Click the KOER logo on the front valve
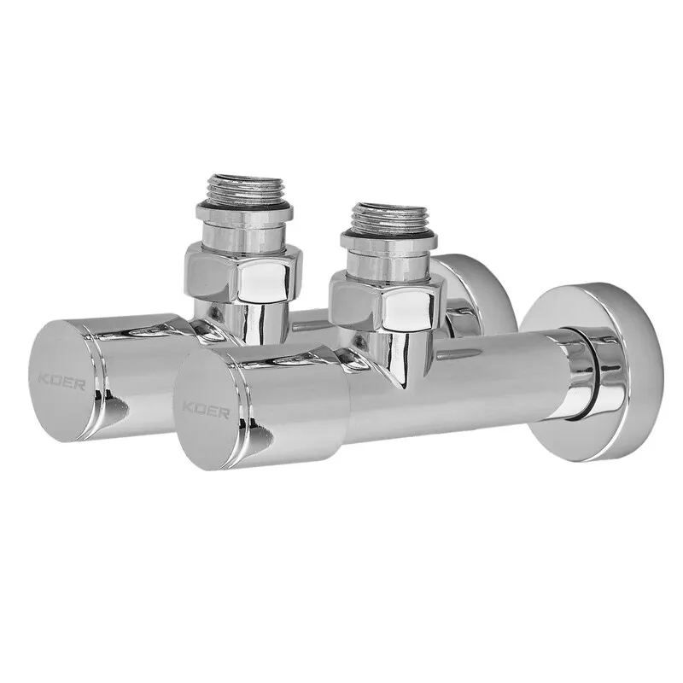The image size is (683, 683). point(206,411)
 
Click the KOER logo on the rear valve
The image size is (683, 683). point(61,382)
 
